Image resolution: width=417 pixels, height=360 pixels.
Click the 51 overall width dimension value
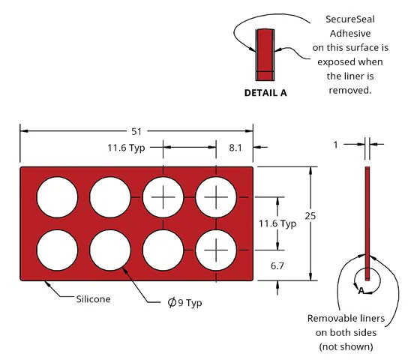click(x=136, y=131)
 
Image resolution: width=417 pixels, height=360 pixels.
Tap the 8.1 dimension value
click(x=235, y=148)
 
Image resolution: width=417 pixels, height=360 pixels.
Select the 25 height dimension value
click(x=310, y=216)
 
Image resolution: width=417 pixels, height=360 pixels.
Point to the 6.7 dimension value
click(x=277, y=265)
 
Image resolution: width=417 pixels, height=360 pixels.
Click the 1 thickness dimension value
click(x=335, y=145)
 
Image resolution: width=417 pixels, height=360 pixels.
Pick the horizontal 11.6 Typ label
click(x=126, y=148)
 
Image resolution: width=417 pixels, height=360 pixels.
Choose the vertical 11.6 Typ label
click(x=277, y=223)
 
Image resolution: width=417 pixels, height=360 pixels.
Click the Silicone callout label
click(x=93, y=299)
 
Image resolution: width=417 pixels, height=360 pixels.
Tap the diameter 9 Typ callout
click(x=184, y=302)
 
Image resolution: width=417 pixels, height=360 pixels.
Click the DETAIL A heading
click(x=265, y=93)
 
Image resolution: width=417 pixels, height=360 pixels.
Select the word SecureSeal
click(x=350, y=19)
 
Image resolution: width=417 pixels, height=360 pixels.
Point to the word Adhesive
click(x=350, y=34)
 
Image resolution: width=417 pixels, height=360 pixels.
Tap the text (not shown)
click(x=346, y=346)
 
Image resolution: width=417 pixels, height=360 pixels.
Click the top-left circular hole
click(x=57, y=197)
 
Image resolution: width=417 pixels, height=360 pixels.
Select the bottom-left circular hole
click(x=57, y=250)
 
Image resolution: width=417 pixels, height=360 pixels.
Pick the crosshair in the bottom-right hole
click(x=216, y=250)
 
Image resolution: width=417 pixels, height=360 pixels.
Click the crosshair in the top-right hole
click(x=216, y=197)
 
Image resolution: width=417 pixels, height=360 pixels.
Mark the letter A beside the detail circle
click(x=361, y=291)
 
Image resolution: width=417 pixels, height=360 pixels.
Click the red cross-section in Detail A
click(x=265, y=55)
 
